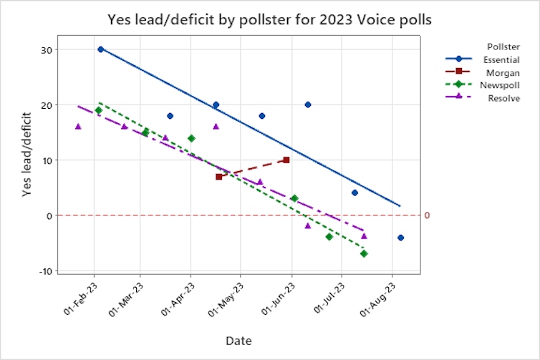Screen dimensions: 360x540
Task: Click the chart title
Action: click(269, 19)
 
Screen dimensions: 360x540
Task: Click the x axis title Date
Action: click(238, 341)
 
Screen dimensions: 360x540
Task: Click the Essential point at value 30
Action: click(100, 49)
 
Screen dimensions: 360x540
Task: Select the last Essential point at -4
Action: click(400, 238)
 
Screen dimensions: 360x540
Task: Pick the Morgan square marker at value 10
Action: click(286, 160)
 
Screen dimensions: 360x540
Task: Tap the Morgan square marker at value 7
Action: click(219, 176)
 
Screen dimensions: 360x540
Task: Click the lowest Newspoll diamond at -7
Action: click(364, 253)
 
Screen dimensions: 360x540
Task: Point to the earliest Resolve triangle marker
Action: click(78, 127)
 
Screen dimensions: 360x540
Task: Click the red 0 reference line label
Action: click(426, 215)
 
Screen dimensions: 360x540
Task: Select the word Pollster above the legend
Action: click(503, 47)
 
